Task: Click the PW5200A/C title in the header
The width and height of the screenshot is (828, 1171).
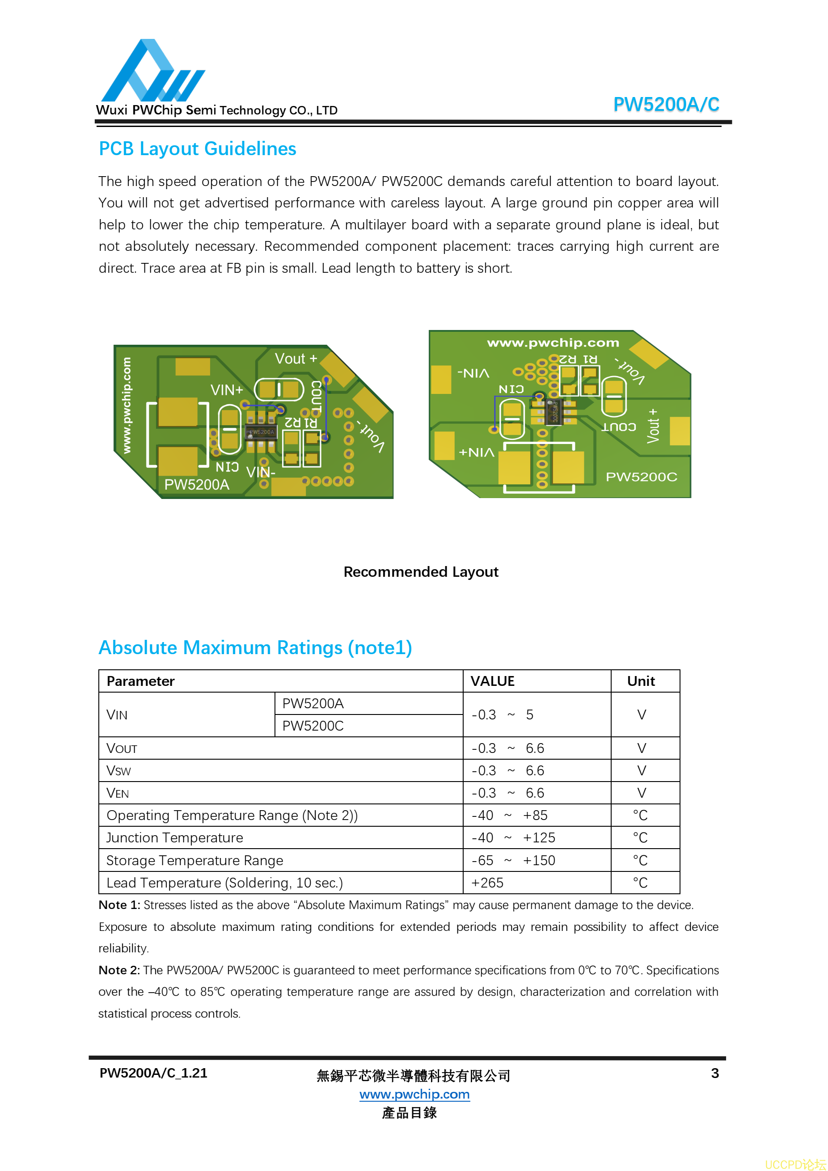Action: (x=665, y=105)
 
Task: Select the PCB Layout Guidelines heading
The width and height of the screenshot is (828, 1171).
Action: (x=197, y=149)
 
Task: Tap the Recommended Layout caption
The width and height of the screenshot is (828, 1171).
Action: (x=421, y=572)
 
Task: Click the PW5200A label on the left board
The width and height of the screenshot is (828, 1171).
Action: (x=196, y=485)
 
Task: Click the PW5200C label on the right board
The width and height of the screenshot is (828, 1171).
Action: (x=641, y=477)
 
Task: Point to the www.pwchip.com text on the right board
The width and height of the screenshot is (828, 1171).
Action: (x=553, y=343)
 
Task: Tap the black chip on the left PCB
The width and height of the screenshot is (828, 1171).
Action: (x=261, y=432)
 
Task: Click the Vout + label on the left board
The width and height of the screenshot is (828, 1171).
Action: (x=296, y=359)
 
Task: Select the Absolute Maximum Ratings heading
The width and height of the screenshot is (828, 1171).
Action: (x=255, y=648)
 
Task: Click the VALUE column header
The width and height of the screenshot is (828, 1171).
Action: (x=492, y=681)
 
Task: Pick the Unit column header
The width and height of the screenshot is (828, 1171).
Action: (x=641, y=681)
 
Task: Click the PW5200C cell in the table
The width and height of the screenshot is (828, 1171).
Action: (x=313, y=726)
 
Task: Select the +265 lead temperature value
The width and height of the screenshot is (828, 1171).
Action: (x=487, y=883)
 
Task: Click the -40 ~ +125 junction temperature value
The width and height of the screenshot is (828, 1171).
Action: (x=513, y=838)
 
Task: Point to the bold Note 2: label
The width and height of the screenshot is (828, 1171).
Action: (x=119, y=970)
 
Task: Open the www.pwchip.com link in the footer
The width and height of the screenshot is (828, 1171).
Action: (x=414, y=1094)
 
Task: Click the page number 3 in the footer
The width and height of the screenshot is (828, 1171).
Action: (x=715, y=1074)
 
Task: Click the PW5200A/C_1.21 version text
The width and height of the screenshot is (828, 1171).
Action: (x=153, y=1073)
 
